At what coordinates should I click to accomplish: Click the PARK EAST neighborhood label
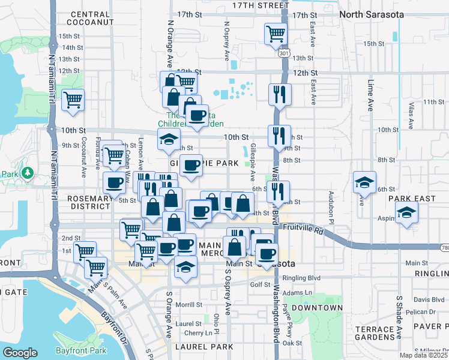click(x=411, y=199)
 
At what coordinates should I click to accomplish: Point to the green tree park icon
click(x=26, y=173)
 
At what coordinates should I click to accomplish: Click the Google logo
click(x=20, y=352)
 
